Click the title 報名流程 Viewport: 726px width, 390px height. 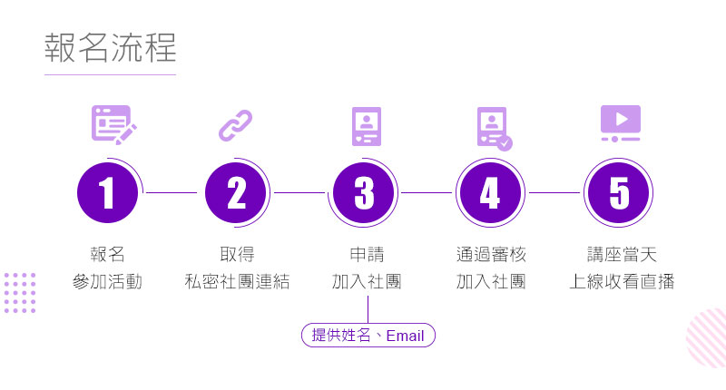point(110,49)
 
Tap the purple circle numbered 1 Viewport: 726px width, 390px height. point(108,193)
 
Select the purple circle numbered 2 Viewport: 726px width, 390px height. point(236,193)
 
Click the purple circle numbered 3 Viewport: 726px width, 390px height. point(364,193)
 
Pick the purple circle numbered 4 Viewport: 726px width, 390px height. point(490,193)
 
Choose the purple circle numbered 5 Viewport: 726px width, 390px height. point(619,193)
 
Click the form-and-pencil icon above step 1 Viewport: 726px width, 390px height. point(113,124)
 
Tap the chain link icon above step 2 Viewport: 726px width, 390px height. point(236,125)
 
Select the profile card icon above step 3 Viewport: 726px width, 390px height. point(366,125)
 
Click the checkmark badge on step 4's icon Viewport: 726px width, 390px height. point(505,142)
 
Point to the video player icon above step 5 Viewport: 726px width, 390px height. point(620,123)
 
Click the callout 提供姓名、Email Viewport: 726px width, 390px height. point(368,336)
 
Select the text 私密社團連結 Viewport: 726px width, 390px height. point(236,281)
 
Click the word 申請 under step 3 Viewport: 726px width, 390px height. point(367,254)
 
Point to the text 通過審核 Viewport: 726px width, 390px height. point(491,254)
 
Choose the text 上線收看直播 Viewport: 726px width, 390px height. point(622,281)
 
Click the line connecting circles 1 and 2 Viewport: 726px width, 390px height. point(172,193)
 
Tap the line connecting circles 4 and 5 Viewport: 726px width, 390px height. point(554,193)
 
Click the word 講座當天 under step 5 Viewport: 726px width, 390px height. point(622,254)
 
